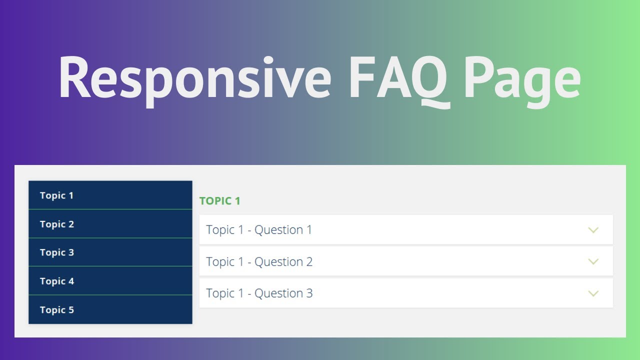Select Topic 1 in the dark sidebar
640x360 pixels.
(x=56, y=195)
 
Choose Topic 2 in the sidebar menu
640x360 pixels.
(x=57, y=224)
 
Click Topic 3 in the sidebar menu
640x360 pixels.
(x=57, y=252)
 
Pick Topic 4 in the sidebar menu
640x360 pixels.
(x=57, y=281)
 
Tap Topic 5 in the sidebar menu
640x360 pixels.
(x=57, y=310)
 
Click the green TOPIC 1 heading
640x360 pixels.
(x=220, y=201)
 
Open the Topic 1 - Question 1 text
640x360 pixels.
(x=259, y=230)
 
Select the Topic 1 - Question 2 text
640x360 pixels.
(x=259, y=262)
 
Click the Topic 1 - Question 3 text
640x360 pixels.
(x=259, y=293)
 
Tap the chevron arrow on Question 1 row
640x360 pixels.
(x=593, y=230)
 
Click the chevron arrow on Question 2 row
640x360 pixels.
(x=593, y=261)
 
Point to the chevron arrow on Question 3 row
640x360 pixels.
(x=593, y=293)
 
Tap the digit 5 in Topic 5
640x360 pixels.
(x=71, y=310)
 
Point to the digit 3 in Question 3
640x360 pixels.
(x=309, y=293)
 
